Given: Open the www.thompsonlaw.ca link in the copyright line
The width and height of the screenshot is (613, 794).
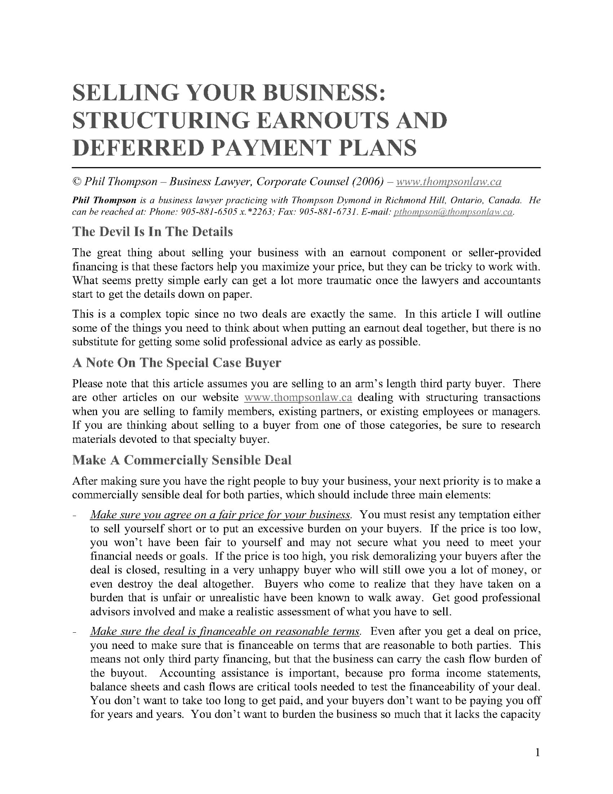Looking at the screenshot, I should [448, 182].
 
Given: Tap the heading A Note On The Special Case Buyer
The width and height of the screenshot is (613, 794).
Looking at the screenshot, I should [177, 363].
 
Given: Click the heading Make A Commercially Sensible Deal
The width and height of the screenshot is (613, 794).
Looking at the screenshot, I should [182, 460].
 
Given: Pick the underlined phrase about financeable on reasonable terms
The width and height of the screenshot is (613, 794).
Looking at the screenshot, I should [225, 632].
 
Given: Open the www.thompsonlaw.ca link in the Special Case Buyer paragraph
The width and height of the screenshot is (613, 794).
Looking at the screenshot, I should [298, 398].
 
